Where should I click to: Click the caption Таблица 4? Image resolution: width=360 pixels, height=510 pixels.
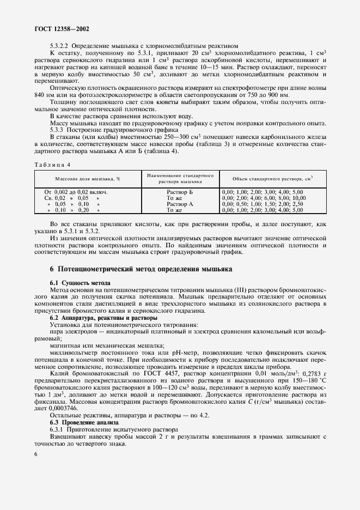coord(52,163)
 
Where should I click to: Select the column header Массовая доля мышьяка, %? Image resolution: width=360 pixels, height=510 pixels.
coord(88,178)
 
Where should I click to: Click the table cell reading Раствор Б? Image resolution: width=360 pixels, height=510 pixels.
coord(180,192)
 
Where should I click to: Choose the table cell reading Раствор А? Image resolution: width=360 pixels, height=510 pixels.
coord(180,204)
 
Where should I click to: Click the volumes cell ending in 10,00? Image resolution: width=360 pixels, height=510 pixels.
coord(264,198)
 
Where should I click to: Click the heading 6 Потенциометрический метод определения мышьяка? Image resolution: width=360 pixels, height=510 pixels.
coord(141,269)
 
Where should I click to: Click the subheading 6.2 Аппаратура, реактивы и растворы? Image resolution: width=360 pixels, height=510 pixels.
coord(103,318)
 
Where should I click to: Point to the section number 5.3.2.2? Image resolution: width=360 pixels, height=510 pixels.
coord(59,46)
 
